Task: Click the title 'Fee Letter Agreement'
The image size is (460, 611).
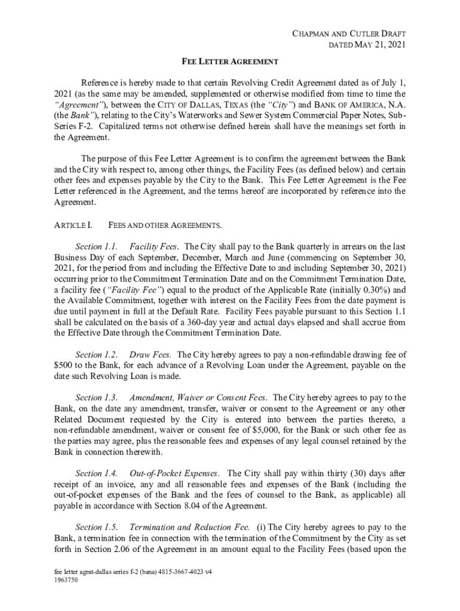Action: pos(230,61)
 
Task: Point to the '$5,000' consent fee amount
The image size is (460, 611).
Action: pos(289,430)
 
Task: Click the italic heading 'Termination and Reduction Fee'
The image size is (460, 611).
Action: pos(189,527)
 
